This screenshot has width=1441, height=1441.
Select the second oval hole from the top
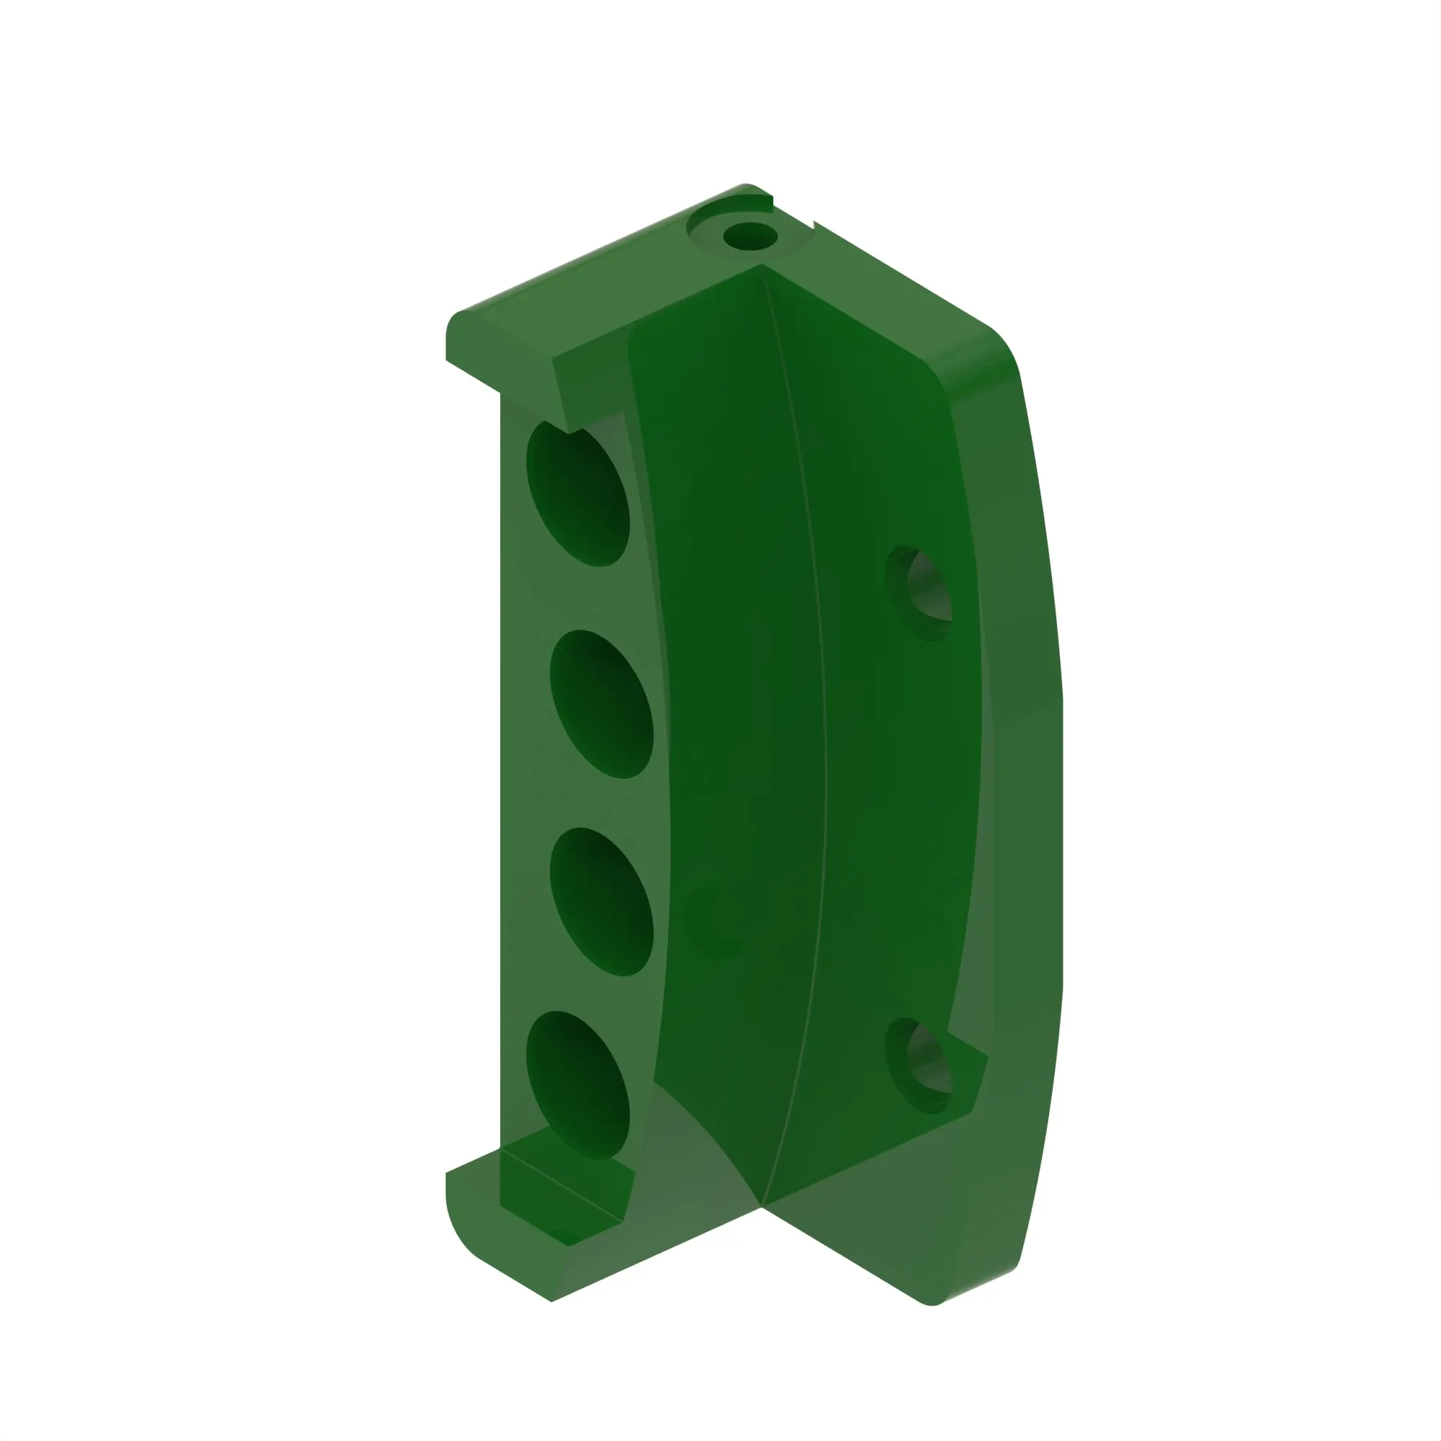coord(602,703)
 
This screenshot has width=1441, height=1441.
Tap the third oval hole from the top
coord(602,902)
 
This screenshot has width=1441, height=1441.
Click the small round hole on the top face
coord(750,238)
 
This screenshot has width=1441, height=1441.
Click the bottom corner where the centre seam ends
coord(761,1205)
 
